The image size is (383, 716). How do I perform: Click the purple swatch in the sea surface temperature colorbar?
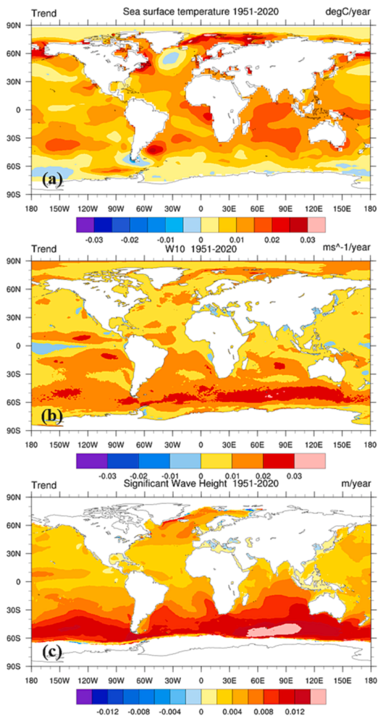pos(85,224)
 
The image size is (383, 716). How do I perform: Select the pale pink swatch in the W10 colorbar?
pos(310,461)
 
